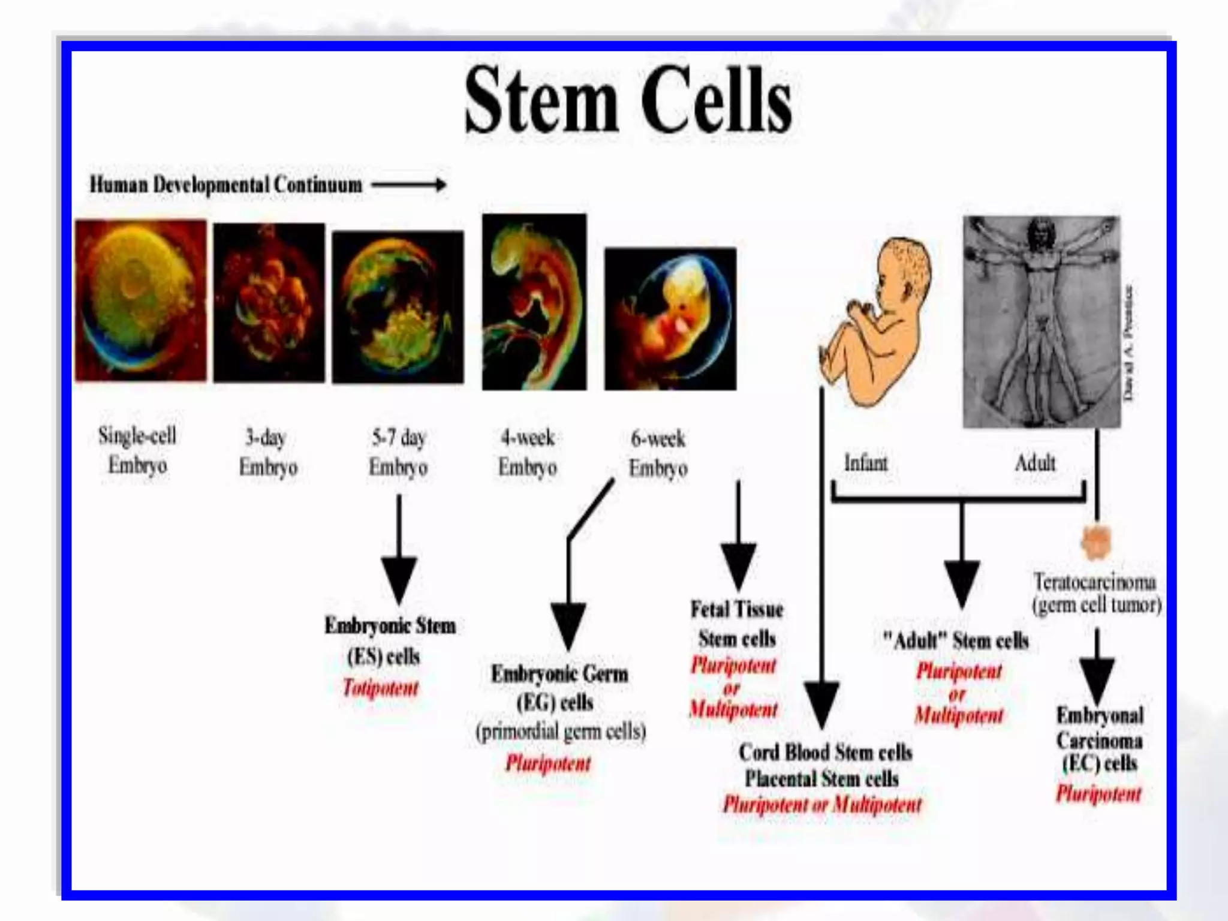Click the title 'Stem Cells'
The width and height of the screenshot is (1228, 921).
[x=628, y=100]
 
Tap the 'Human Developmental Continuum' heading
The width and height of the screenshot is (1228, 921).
[x=226, y=185]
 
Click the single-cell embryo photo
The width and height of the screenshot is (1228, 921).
[x=140, y=300]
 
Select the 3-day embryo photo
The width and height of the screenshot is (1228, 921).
[x=269, y=302]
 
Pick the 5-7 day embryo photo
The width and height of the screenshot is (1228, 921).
[x=398, y=306]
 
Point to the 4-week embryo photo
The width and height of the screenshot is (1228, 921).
[x=534, y=302]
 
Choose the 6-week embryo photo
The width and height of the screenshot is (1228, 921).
[x=670, y=318]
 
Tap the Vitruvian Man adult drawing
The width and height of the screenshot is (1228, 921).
[x=1041, y=322]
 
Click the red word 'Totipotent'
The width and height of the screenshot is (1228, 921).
[x=380, y=687]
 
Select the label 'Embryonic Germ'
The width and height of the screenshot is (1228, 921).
[x=559, y=674]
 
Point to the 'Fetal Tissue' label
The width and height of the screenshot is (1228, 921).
[x=737, y=610]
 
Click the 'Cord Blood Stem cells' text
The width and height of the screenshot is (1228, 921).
[x=825, y=753]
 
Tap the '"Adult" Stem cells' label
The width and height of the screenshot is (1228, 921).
[x=956, y=641]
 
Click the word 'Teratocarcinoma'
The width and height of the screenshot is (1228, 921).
[x=1094, y=582]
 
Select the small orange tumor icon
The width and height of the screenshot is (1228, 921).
[x=1096, y=541]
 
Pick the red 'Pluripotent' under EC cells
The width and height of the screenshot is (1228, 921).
[x=1098, y=794]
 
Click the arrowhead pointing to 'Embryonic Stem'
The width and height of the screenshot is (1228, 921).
[x=399, y=579]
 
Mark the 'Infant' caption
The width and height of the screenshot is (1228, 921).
[x=865, y=463]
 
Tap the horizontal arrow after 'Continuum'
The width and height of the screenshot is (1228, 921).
[x=409, y=185]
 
